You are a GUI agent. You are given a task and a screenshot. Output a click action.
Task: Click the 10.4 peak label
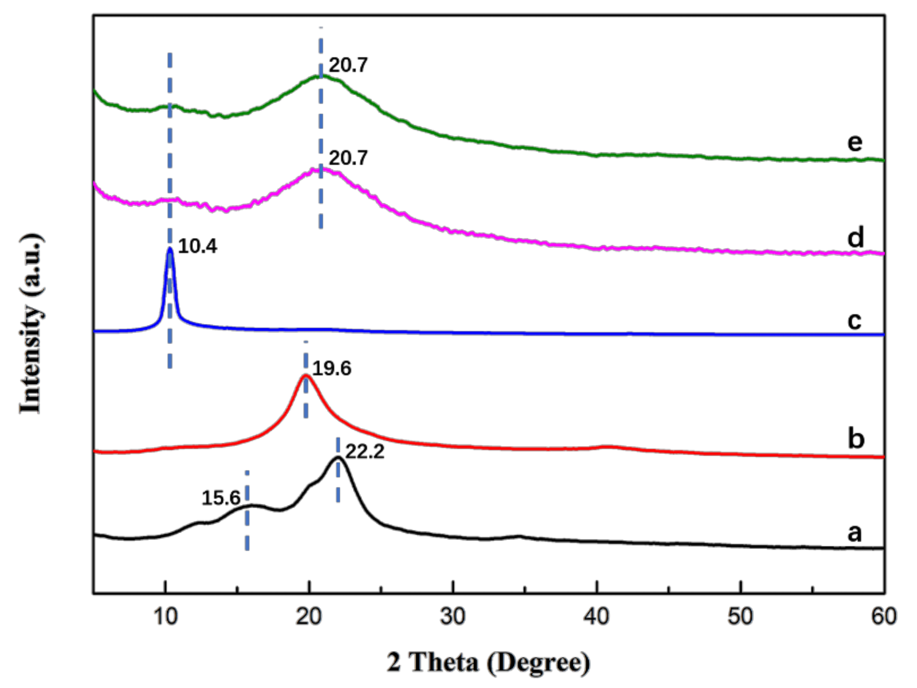click(x=197, y=247)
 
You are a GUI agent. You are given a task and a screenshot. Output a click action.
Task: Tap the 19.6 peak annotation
click(x=332, y=369)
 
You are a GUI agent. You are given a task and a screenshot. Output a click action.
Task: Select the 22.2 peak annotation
click(x=365, y=452)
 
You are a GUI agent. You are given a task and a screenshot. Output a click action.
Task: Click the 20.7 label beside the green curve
click(x=348, y=66)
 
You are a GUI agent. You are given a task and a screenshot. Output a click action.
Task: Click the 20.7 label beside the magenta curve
click(x=348, y=158)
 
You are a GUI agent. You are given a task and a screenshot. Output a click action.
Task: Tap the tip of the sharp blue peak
click(x=170, y=249)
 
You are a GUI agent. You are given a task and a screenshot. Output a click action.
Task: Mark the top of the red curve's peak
click(x=305, y=376)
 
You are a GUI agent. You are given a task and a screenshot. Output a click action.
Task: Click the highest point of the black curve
click(x=338, y=458)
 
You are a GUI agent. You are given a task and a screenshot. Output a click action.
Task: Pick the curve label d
click(x=855, y=238)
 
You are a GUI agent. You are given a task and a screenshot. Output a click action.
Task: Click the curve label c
click(x=854, y=321)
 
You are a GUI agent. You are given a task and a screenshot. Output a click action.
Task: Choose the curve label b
click(x=856, y=438)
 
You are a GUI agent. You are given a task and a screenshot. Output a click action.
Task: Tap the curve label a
click(x=854, y=533)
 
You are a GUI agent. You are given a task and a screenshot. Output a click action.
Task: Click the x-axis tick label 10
click(x=166, y=617)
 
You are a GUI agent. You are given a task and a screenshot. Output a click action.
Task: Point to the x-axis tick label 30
click(x=453, y=617)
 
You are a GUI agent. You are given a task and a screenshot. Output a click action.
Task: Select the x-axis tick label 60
click(x=884, y=617)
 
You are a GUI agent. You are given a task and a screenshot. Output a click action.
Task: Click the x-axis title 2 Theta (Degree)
click(x=489, y=663)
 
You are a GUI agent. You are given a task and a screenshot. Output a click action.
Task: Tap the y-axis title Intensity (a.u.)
click(x=31, y=324)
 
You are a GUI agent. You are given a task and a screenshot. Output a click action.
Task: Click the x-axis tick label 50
click(x=740, y=617)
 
